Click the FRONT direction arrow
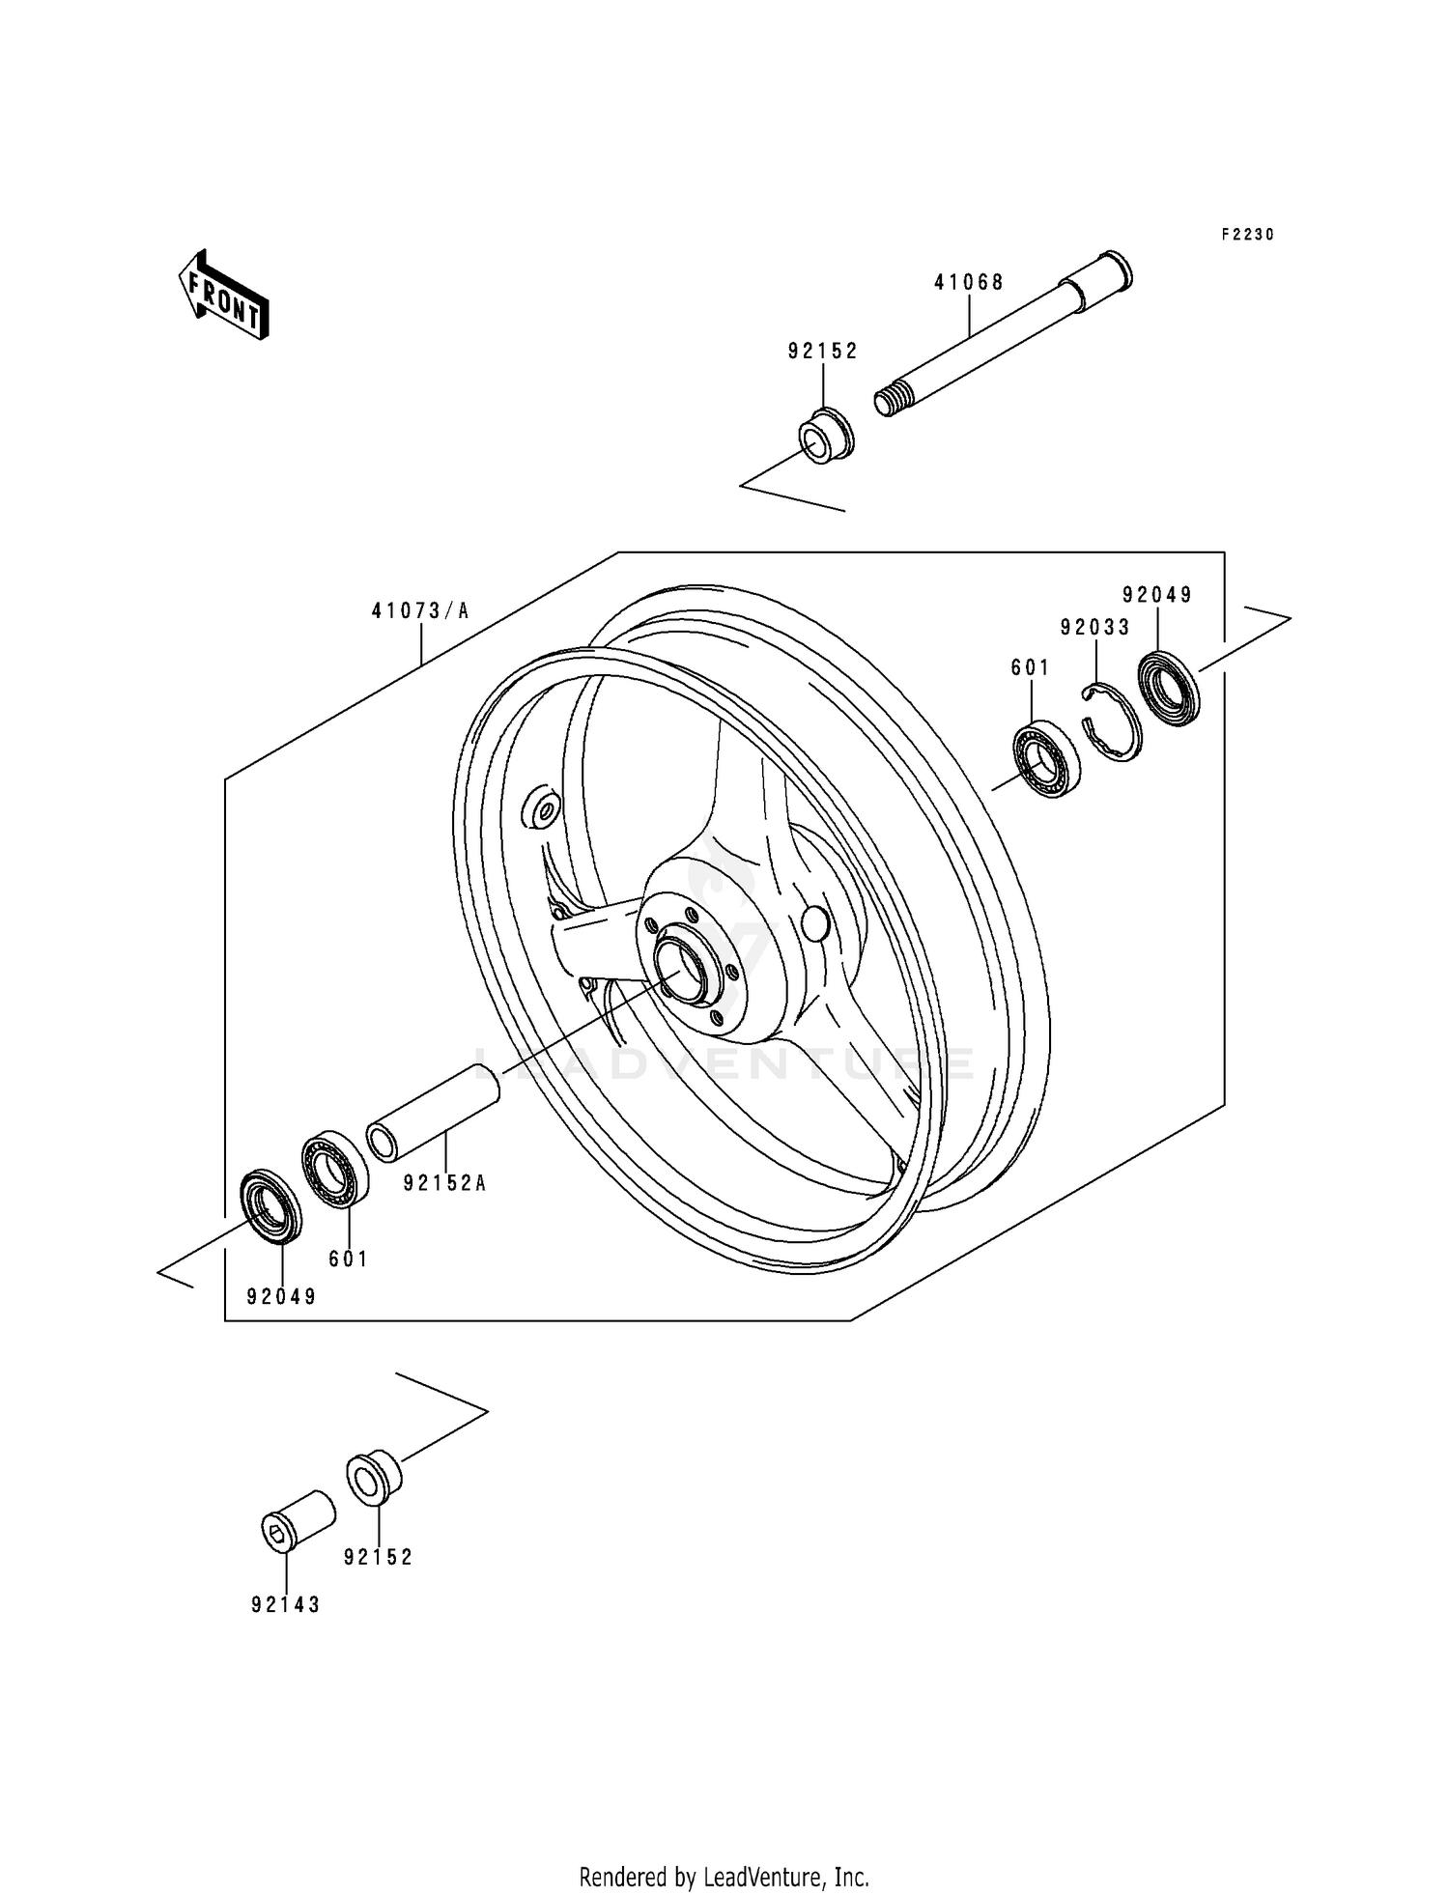click(222, 295)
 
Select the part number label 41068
click(968, 282)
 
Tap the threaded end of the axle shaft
click(895, 400)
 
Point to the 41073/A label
click(420, 610)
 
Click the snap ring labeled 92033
click(1112, 721)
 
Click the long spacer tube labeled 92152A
click(433, 1111)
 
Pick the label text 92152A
click(444, 1182)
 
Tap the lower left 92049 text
click(281, 1296)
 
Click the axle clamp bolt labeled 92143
click(298, 1521)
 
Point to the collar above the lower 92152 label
click(374, 1478)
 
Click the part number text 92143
click(285, 1604)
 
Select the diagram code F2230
click(1247, 234)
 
